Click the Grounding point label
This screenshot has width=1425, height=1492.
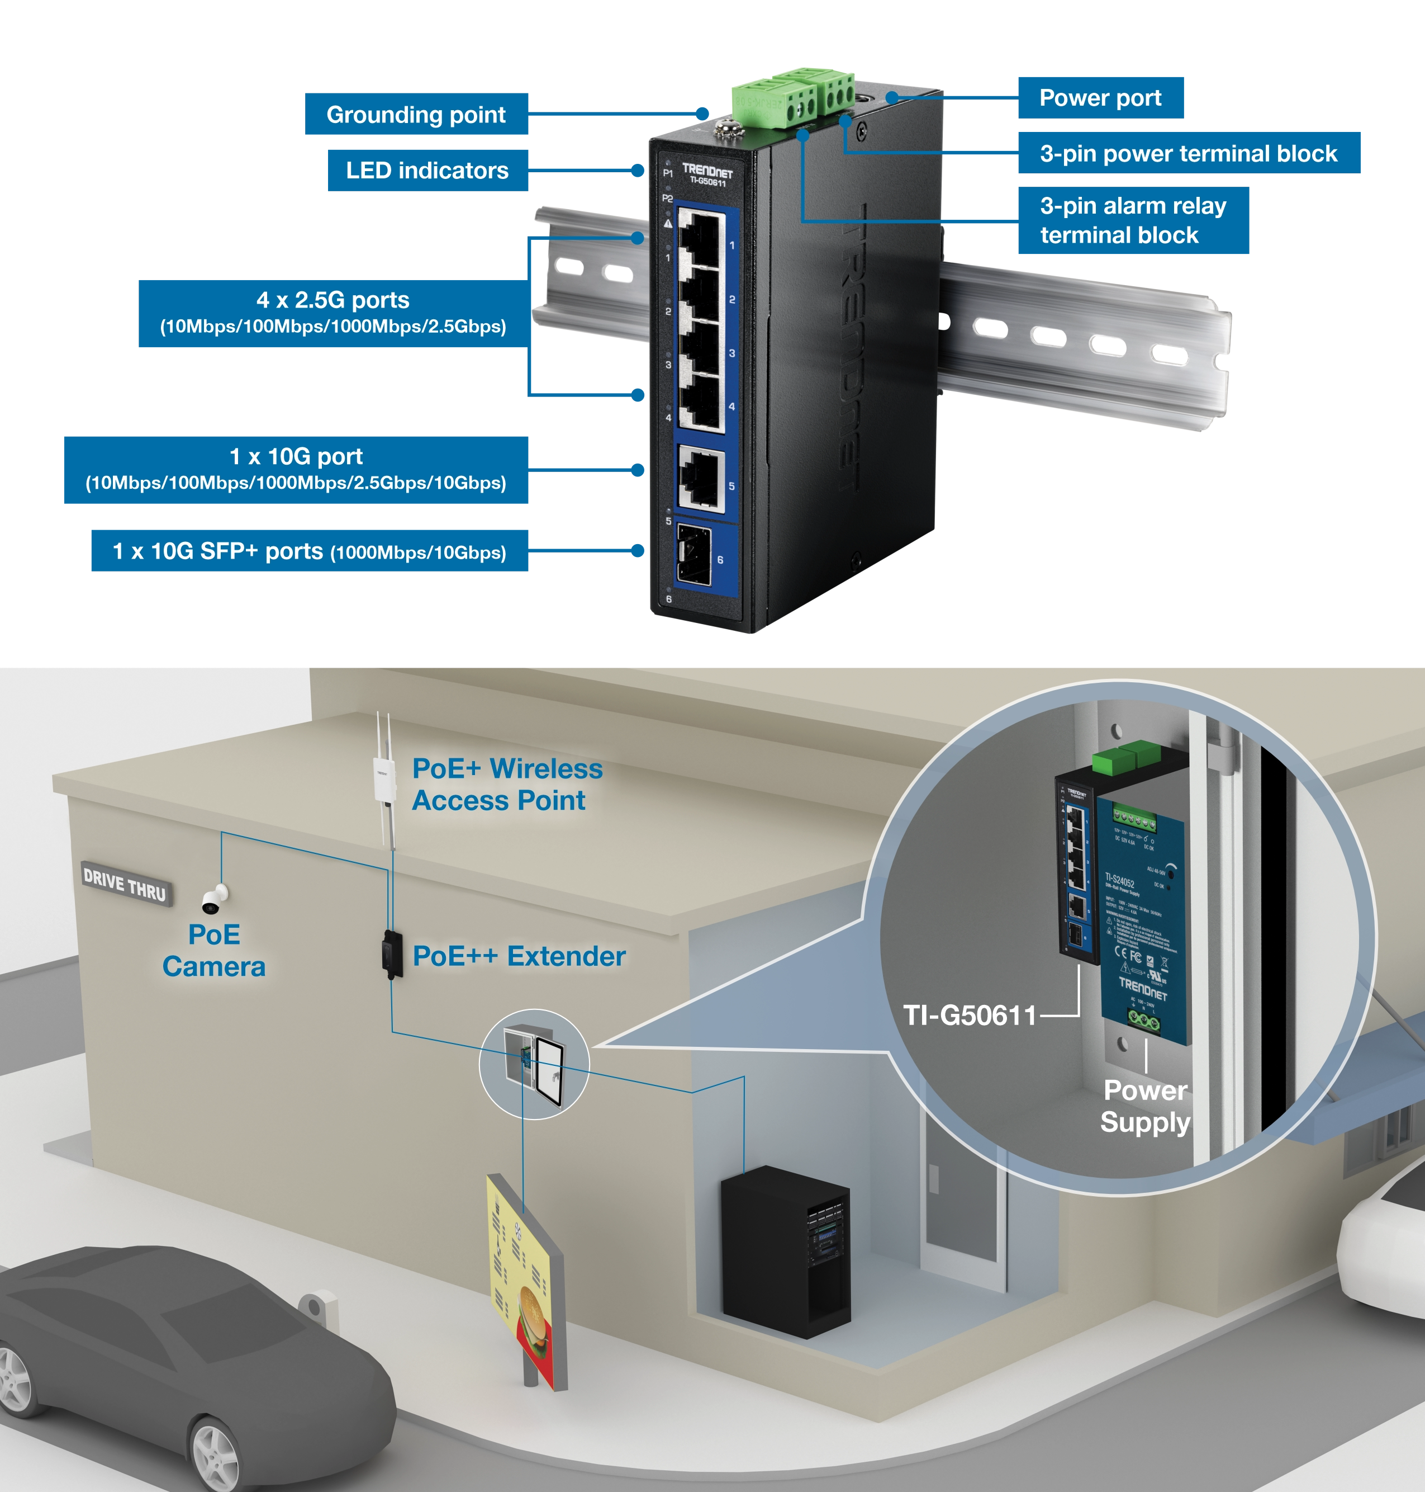pos(416,116)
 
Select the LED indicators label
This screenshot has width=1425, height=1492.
pos(427,171)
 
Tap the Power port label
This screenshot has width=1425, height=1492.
pos(1100,99)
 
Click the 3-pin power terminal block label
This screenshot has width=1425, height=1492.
pos(1188,154)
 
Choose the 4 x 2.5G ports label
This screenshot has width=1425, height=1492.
pos(332,313)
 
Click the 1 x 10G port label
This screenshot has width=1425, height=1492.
pos(296,469)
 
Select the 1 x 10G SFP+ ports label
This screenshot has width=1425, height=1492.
pos(309,552)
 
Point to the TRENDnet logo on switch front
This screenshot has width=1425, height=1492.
pos(706,170)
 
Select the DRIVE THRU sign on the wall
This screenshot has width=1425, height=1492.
pos(125,885)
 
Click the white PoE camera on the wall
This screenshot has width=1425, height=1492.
pos(214,899)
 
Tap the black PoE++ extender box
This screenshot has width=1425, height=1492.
pos(392,955)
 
